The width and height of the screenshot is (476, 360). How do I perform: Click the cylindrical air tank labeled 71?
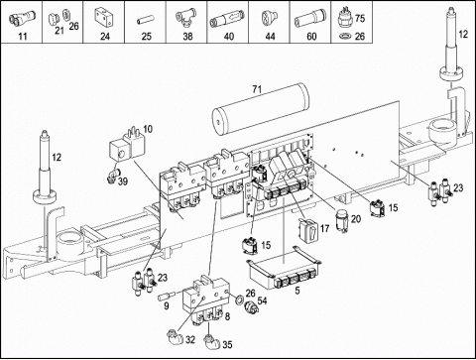pyautogui.click(x=261, y=110)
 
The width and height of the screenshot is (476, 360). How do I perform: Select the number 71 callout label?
pyautogui.click(x=257, y=89)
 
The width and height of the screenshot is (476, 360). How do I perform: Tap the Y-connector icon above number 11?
pyautogui.click(x=21, y=17)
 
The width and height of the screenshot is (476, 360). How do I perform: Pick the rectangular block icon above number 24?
pyautogui.click(x=104, y=17)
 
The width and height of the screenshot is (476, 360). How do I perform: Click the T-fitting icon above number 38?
pyautogui.click(x=186, y=17)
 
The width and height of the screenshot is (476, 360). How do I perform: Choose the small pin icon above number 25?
pyautogui.click(x=145, y=21)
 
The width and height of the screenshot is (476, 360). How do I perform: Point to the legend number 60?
pyautogui.click(x=311, y=36)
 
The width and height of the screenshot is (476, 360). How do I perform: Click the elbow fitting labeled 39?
pyautogui.click(x=112, y=175)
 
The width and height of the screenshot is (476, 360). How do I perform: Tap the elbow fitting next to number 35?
pyautogui.click(x=210, y=342)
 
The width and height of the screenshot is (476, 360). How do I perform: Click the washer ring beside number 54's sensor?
pyautogui.click(x=239, y=300)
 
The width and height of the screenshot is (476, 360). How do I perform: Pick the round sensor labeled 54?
pyautogui.click(x=251, y=307)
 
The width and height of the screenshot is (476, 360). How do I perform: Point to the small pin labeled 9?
pyautogui.click(x=167, y=296)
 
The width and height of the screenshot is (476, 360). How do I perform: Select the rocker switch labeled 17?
pyautogui.click(x=308, y=230)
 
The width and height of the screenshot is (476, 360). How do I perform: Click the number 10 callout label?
pyautogui.click(x=148, y=129)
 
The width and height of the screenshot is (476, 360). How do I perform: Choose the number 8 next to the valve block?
pyautogui.click(x=227, y=316)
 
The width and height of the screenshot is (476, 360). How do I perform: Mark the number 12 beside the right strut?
pyautogui.click(x=463, y=34)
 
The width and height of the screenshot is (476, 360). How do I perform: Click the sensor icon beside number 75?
pyautogui.click(x=345, y=17)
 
